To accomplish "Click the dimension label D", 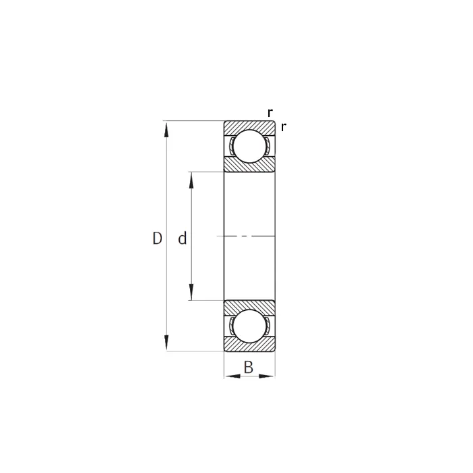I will [157, 239].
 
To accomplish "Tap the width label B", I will [249, 368].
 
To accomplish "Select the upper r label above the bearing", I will [270, 113].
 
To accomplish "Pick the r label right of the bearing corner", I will [283, 126].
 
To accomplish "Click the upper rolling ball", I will [249, 146].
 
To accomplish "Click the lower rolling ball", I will [249, 326].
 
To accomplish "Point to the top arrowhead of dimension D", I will [167, 129].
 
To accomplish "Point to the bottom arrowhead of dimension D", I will [167, 343].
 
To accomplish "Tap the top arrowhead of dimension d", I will [192, 180].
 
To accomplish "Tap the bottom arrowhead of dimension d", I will [192, 292].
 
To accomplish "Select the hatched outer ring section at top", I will [249, 126].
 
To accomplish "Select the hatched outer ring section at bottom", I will [249, 346].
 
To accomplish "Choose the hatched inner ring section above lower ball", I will [249, 306].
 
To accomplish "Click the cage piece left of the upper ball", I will [232, 145].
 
